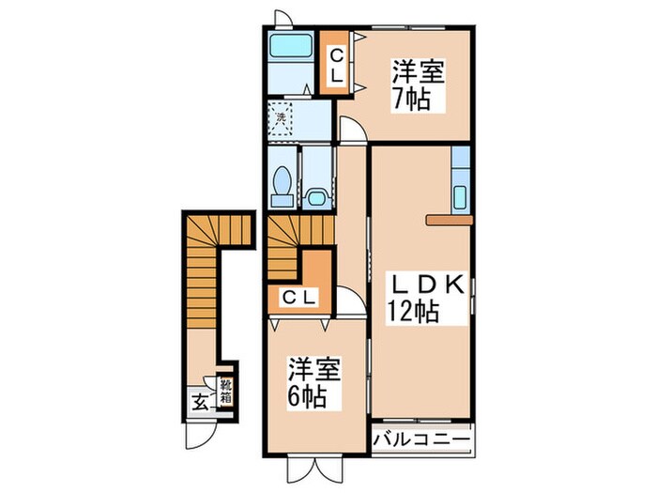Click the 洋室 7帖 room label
tap(418, 85)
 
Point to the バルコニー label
tap(421, 439)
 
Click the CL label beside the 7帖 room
tap(335, 63)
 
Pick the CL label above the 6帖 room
tap(299, 299)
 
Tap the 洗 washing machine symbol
tap(280, 119)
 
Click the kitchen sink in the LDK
tap(460, 197)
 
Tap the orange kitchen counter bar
tap(450, 221)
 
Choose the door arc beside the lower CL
tap(350, 302)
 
